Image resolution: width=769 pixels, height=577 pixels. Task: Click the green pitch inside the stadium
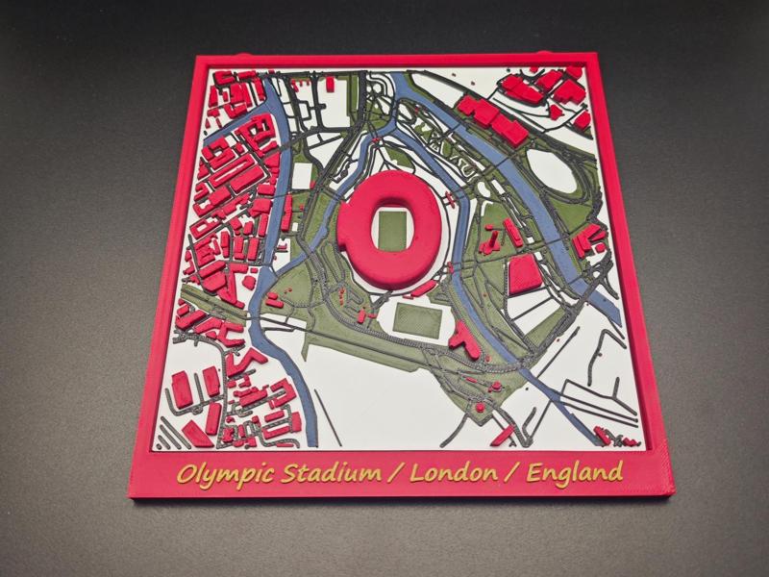[x=391, y=228]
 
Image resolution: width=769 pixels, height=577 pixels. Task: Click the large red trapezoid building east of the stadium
[x=523, y=273]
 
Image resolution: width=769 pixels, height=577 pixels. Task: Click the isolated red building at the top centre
[x=330, y=84]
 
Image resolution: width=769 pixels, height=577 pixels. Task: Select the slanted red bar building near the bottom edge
[x=502, y=434]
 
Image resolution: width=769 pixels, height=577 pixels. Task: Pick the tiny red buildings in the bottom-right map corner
[x=605, y=436]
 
